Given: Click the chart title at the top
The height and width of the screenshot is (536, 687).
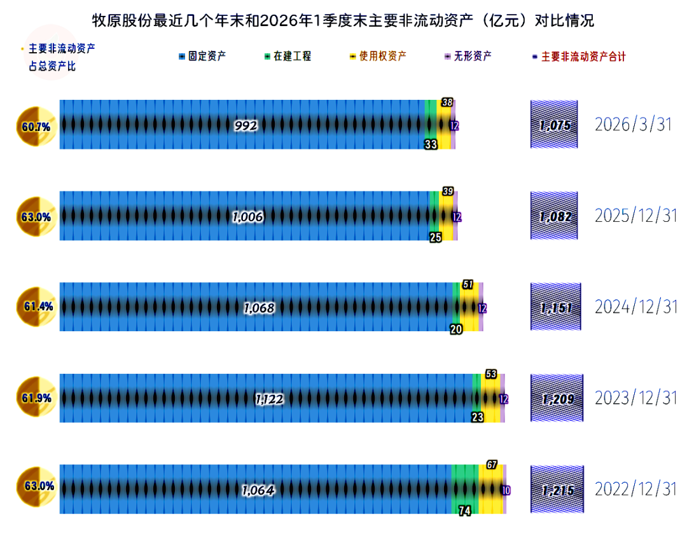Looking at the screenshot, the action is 343,20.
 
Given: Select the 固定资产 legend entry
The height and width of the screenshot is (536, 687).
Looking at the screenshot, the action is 202,56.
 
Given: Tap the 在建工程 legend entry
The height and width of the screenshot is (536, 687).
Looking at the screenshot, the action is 288,56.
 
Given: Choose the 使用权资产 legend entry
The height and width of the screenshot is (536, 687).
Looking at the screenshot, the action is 378,56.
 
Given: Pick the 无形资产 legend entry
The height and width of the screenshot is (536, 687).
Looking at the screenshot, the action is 468,56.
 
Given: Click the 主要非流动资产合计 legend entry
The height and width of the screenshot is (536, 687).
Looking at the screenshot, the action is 579,57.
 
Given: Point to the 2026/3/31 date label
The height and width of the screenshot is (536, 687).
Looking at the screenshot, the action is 633,125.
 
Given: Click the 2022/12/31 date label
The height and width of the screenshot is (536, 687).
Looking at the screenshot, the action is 635,489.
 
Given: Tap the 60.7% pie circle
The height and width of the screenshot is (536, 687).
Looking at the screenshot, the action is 36,127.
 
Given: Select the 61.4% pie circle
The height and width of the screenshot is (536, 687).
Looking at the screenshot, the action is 36,306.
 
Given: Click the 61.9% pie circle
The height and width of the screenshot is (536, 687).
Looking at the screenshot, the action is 36,397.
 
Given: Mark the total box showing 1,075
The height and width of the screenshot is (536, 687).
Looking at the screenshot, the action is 554,125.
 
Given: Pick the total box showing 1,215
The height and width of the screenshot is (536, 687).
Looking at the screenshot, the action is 557,489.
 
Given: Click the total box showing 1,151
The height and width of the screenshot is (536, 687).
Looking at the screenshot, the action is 556,306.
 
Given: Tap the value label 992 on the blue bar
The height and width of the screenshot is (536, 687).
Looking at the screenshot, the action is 246,126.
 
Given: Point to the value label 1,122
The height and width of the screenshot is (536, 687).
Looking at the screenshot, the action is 270,399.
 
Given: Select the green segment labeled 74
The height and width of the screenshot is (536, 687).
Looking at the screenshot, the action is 465,489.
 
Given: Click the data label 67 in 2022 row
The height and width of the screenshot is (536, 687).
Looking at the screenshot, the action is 492,465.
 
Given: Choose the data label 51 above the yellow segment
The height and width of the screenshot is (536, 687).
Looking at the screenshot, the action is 468,285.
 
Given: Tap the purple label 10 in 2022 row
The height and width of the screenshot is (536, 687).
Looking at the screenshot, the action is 506,490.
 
